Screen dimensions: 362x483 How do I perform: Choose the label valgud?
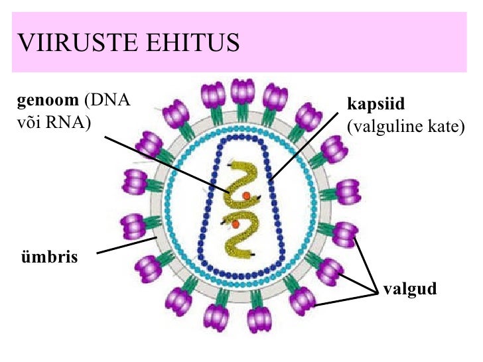pyautogui.click(x=410, y=290)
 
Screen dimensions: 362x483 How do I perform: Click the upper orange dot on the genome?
pyautogui.click(x=246, y=196)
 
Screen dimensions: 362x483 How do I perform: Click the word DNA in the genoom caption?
pyautogui.click(x=111, y=101)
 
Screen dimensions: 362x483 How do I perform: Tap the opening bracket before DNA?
pyautogui.click(x=86, y=101)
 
